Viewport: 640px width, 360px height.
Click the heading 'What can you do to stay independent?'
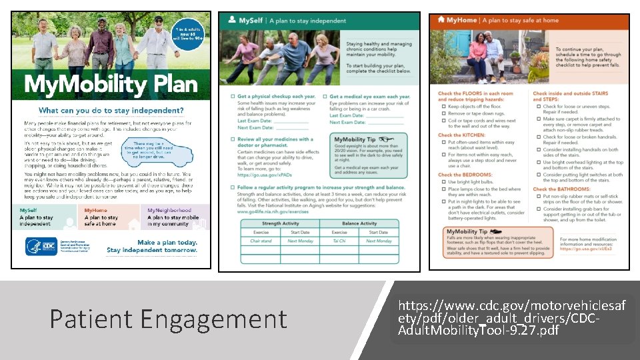coord(111,110)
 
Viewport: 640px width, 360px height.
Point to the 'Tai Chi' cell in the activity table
coord(339,241)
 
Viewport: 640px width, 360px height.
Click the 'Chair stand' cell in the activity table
coord(261,241)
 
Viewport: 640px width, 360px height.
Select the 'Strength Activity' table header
coord(280,224)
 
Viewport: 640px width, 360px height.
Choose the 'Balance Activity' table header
coord(359,224)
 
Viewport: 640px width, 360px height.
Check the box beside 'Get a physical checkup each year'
coord(232,97)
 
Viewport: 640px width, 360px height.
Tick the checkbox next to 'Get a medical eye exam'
coord(325,97)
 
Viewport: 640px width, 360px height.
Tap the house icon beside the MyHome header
coord(441,21)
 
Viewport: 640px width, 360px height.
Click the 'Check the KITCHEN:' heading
coord(463,135)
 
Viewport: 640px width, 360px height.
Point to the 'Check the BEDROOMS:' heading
coord(465,175)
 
